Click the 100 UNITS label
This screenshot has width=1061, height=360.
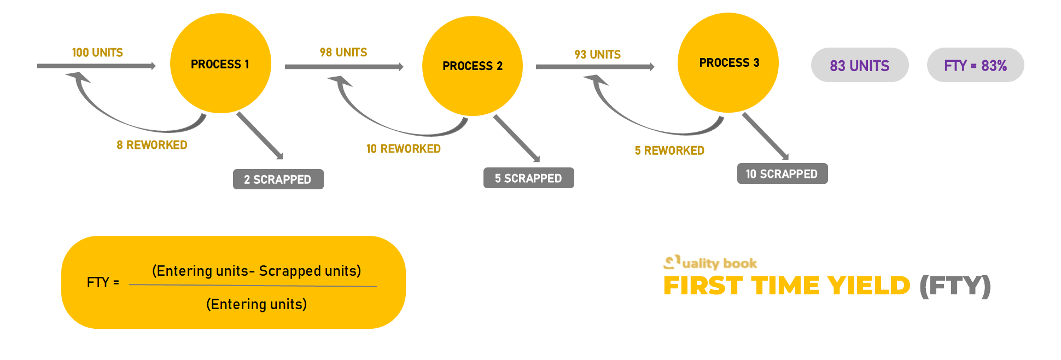pos(97,53)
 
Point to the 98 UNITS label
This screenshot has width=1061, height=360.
pos(343,53)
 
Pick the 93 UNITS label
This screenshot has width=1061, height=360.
pos(597,55)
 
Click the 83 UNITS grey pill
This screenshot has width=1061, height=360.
pos(859,65)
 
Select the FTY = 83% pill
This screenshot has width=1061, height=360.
pos(975,65)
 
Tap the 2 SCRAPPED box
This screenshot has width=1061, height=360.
pos(278,179)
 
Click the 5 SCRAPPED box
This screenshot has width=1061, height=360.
pos(528,178)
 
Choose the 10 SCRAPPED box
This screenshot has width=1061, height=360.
pos(782,173)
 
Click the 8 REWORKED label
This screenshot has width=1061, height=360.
pos(152,145)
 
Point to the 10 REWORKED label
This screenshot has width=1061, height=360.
pos(404,149)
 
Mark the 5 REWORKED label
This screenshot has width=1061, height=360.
pos(669,150)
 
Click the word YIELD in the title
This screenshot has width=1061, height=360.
pos(868,286)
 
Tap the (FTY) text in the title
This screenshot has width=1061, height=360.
pos(955,286)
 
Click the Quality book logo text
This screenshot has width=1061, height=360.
pos(719,263)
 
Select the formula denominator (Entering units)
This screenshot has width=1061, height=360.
pos(256,304)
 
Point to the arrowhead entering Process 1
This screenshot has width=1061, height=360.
pos(153,66)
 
